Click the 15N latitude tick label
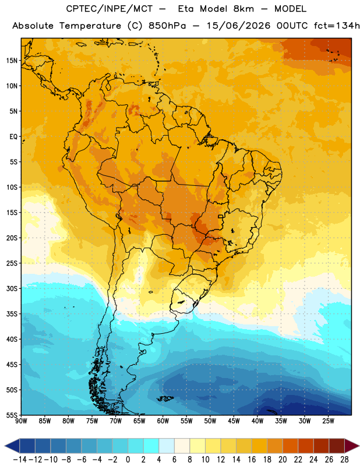pos(12,61)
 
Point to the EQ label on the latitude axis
pos(13,137)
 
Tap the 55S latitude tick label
pos(12,415)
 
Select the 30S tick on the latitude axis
pos(12,288)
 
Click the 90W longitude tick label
pos(21,421)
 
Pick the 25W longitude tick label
pos(328,421)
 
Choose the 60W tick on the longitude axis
pos(163,421)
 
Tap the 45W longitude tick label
pos(234,421)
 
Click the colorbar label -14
pos(20,460)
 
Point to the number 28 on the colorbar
pos(344,460)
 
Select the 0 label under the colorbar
pos(128,460)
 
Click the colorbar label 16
pos(252,460)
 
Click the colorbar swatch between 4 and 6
pos(167,446)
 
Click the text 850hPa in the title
pos(167,26)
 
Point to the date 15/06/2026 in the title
pos(239,26)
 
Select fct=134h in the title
pos(337,26)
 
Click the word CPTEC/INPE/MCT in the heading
pos(110,9)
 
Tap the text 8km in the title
pos(243,9)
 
